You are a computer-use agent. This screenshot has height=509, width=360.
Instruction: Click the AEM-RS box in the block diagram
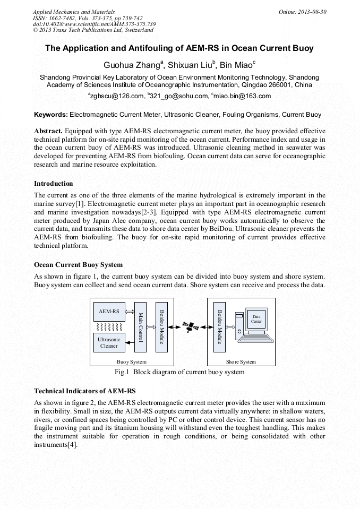(109, 312)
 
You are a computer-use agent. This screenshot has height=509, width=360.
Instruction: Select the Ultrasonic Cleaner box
(109, 342)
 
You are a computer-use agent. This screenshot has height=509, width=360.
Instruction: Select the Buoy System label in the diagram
(131, 362)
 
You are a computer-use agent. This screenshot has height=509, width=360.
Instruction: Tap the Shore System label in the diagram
(241, 362)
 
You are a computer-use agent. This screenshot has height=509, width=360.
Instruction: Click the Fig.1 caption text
(179, 372)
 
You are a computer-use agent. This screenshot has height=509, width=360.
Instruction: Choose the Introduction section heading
(54, 184)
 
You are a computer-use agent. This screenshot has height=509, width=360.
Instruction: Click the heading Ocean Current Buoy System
(78, 264)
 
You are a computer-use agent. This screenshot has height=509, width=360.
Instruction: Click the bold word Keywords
(51, 114)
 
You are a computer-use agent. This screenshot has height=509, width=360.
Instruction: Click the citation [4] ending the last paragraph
(73, 445)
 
